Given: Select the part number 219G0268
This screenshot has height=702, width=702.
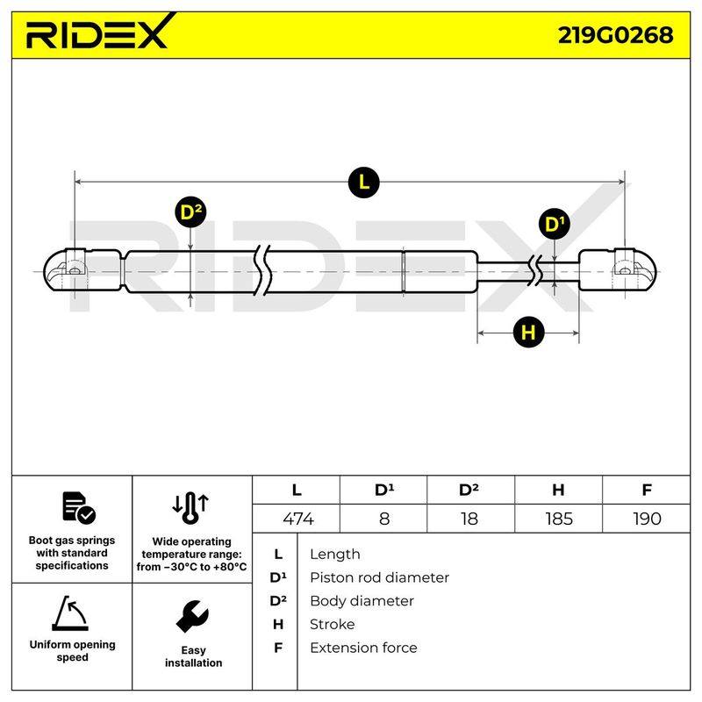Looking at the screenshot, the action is click(615, 35).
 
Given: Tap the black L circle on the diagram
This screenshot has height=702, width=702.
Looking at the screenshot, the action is click(363, 183).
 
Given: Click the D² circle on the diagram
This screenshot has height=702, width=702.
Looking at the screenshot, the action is click(190, 211).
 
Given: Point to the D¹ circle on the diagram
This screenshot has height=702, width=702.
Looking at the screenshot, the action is click(555, 224).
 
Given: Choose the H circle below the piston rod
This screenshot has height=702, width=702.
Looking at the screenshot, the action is click(528, 333).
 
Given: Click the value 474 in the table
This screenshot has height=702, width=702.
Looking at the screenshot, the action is click(298, 519).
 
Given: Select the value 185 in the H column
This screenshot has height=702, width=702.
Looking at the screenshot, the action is click(559, 519).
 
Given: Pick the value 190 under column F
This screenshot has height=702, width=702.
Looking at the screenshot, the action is click(647, 519).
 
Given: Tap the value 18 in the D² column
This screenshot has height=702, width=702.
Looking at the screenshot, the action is click(469, 519).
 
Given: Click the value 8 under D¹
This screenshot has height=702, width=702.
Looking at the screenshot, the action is click(384, 519).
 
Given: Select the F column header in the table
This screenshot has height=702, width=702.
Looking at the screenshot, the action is click(647, 490).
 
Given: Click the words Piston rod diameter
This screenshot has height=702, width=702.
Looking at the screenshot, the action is click(379, 577).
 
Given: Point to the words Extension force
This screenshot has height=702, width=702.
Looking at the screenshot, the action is click(363, 648).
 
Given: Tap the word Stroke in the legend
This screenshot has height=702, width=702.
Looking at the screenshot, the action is click(333, 624).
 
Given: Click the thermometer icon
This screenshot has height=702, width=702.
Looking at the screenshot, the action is click(190, 508).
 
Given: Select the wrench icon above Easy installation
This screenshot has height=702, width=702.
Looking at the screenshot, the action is click(192, 617).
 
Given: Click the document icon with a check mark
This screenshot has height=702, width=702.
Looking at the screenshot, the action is click(79, 508).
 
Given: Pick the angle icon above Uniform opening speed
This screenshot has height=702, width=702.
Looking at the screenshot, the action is click(70, 612).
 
